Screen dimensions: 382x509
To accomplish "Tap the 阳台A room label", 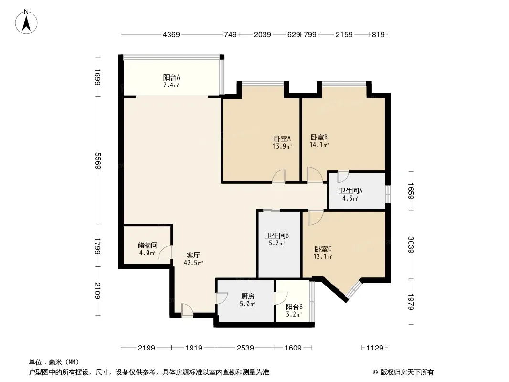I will pos(171,81).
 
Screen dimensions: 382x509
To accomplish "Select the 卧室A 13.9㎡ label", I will pos(281,142).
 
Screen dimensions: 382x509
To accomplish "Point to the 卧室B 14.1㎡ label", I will pos(319,141).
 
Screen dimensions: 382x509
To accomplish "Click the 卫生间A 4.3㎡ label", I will pos(350,194).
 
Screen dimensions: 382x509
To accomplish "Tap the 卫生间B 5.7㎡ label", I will pos(277,239).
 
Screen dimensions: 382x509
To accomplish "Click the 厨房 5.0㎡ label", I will pos(248,299).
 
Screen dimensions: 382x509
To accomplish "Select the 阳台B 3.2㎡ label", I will pos(294,310).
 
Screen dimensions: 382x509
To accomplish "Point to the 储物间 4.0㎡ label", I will pos(147,249).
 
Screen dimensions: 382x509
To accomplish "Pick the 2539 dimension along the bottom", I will pos(245,348).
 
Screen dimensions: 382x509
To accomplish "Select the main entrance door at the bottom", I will pos(187,310).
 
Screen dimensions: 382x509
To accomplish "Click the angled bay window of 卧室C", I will pos(354,289).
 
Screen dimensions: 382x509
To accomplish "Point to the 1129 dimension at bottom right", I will pos(375,348).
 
